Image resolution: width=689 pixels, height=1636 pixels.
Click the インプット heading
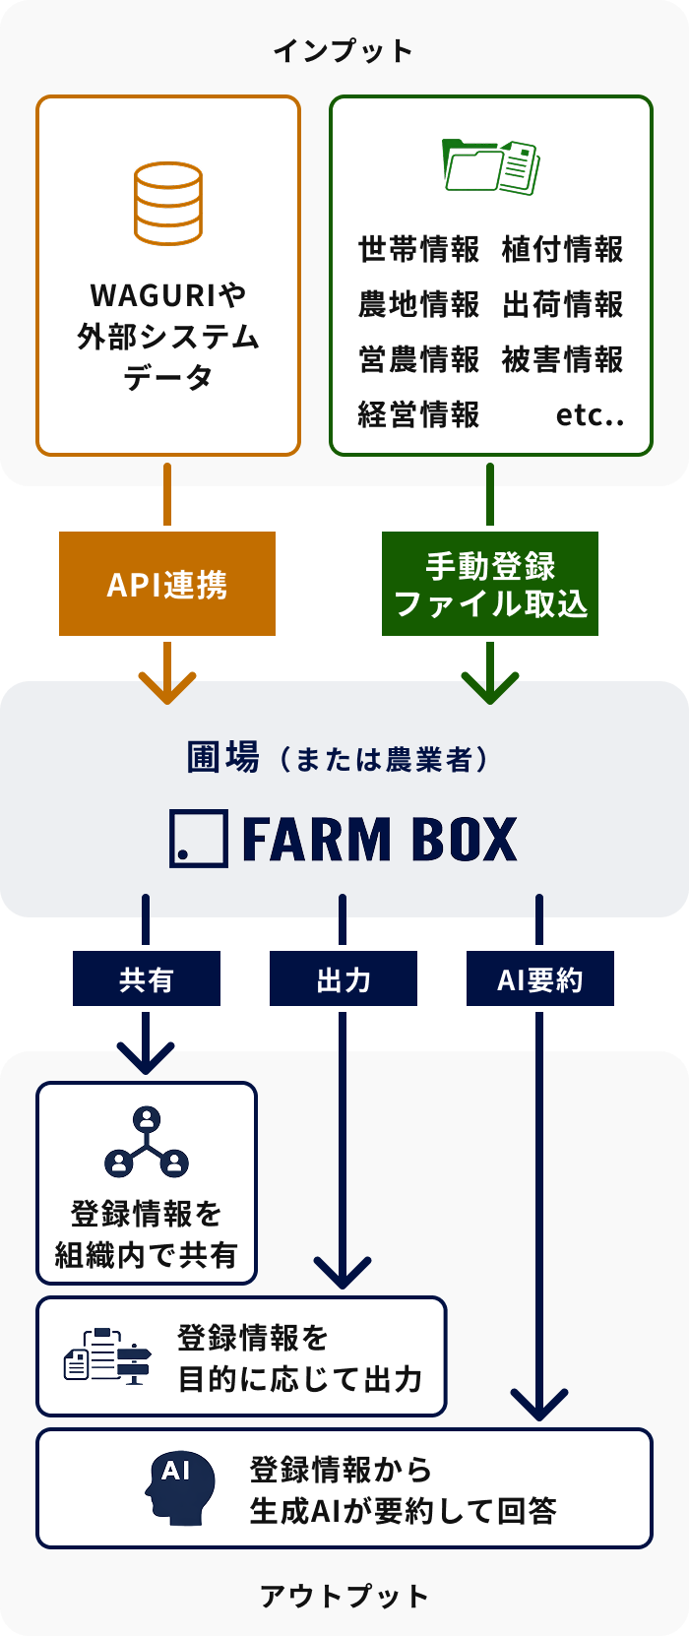[x=344, y=51]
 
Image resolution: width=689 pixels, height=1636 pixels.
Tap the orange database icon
[x=168, y=204]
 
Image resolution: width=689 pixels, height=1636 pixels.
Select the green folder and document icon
[x=491, y=165]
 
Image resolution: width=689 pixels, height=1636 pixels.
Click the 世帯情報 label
[x=418, y=250]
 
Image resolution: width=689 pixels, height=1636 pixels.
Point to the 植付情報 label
[x=562, y=250]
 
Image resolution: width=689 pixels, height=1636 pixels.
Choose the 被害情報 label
[x=562, y=360]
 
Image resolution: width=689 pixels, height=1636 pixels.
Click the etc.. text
[x=590, y=415]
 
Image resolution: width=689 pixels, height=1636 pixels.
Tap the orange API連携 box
[x=167, y=584]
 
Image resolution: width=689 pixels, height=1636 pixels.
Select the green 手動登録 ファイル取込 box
[x=490, y=584]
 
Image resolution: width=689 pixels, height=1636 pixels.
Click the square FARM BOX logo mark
[x=199, y=839]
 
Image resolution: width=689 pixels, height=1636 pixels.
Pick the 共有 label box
[x=146, y=979]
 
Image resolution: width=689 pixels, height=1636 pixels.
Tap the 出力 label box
[x=343, y=979]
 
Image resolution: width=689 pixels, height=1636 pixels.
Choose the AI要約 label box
[x=539, y=979]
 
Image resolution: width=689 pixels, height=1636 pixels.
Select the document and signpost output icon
[x=107, y=1356]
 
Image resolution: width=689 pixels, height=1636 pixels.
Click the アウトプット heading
[x=344, y=1596]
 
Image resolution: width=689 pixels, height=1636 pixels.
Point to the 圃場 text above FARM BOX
[x=223, y=758]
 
